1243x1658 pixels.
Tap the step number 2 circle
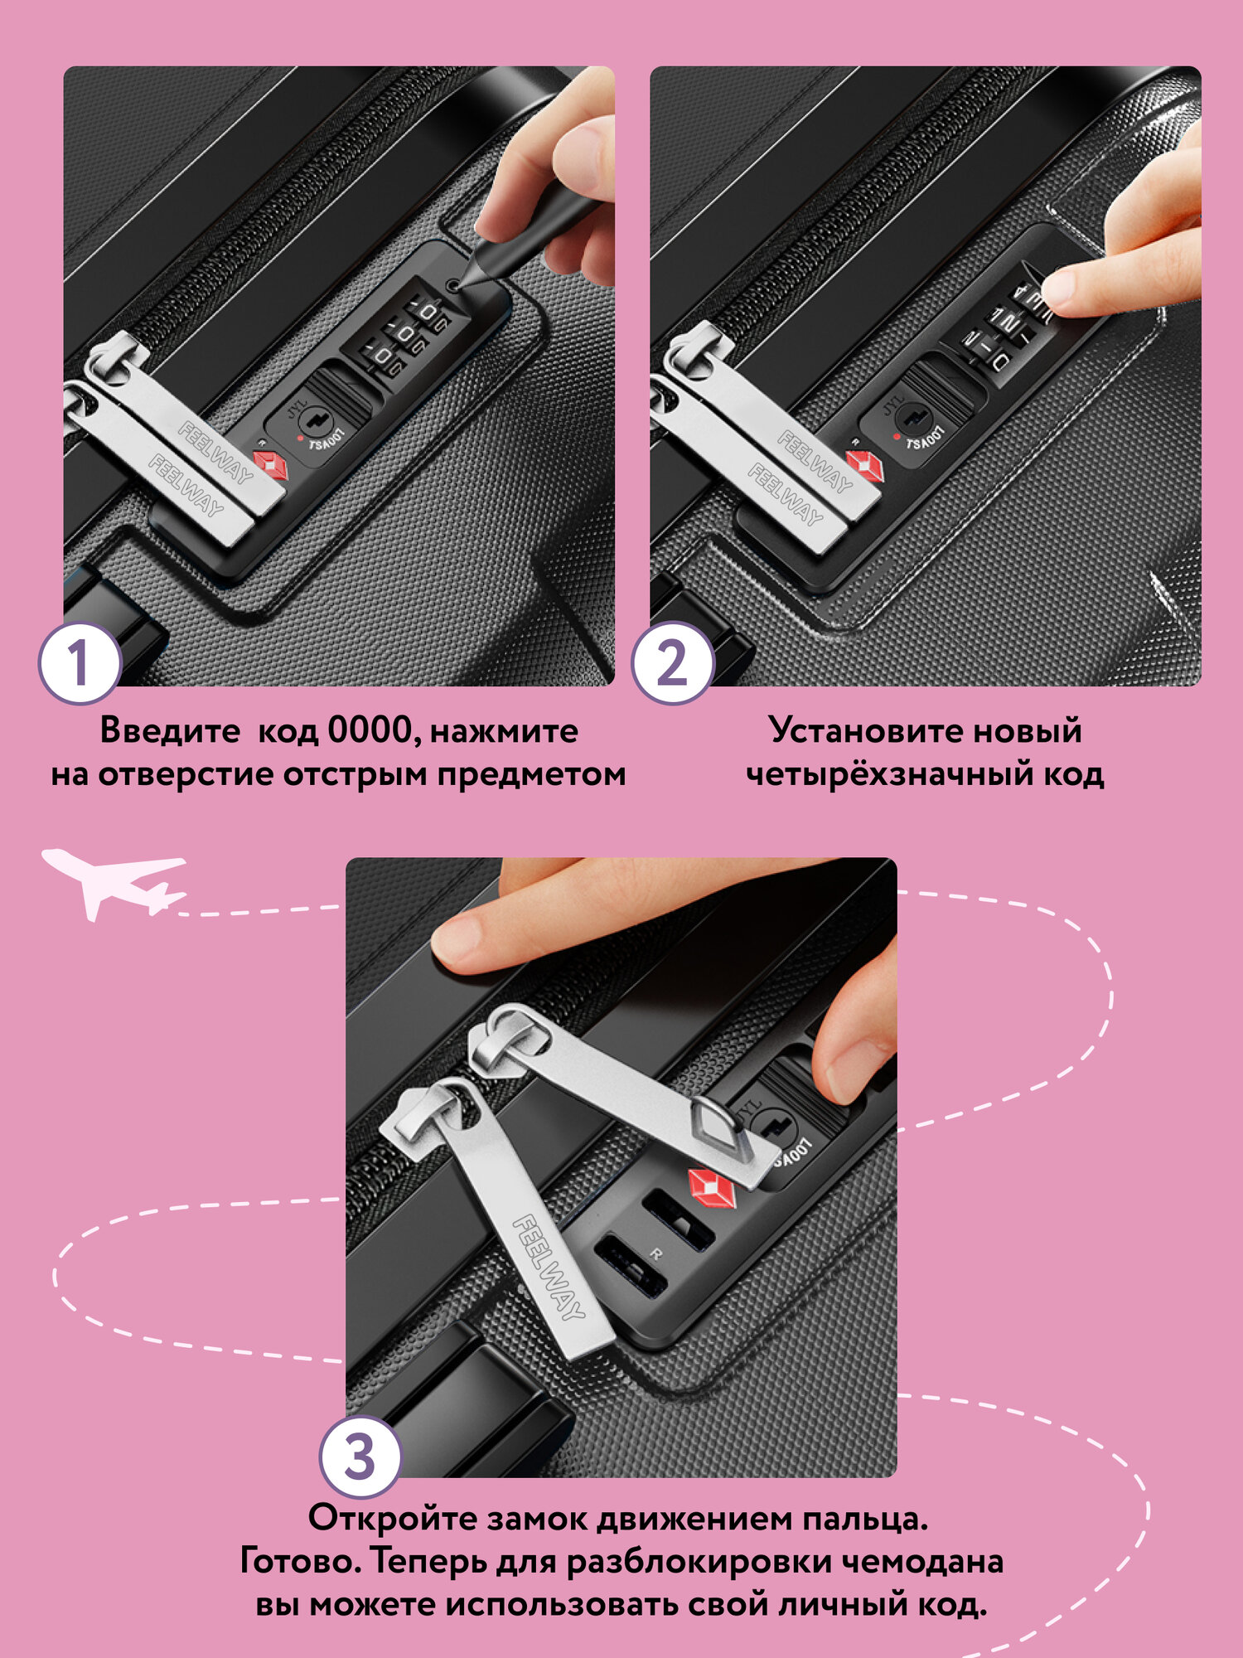point(673,663)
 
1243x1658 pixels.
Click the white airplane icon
point(114,884)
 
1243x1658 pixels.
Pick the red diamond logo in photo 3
point(712,1187)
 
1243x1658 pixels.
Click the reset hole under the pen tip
point(452,286)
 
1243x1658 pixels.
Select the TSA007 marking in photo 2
point(925,437)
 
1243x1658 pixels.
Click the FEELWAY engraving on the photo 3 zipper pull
point(549,1266)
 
